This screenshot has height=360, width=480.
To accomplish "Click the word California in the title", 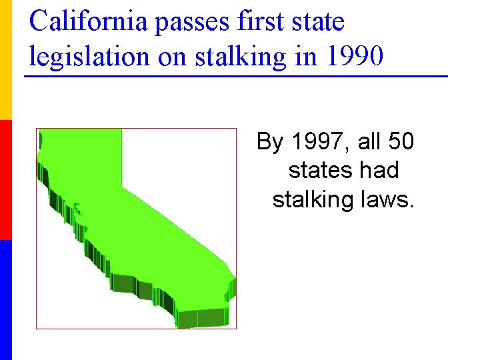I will [x=89, y=22].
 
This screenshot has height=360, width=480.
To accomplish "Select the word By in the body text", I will [x=271, y=142].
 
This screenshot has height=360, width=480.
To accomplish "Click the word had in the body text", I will [x=382, y=171].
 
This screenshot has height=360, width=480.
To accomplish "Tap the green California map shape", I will [x=133, y=220].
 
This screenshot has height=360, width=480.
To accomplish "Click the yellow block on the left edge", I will [x=5, y=60].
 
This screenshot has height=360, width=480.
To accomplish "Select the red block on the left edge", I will [x=5, y=180].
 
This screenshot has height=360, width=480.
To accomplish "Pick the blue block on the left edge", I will [x=5, y=300].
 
